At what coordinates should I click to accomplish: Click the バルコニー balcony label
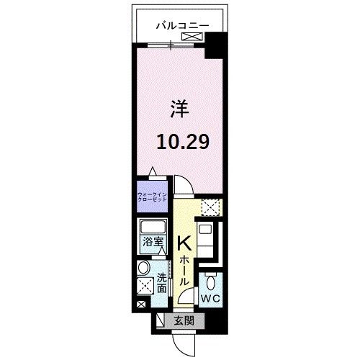[183, 25]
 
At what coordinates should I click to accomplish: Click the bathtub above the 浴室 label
[152, 227]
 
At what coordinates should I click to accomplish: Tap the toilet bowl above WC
[210, 282]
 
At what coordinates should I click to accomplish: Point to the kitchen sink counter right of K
[206, 238]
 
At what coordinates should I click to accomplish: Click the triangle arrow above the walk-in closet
[152, 171]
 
